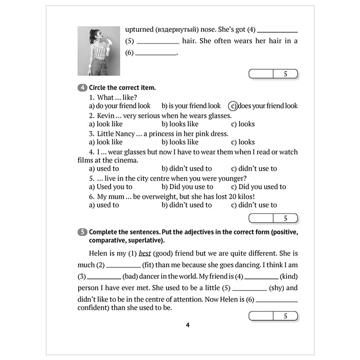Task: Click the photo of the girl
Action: tap(98, 51)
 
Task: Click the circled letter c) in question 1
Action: tap(233, 106)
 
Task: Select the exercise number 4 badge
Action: tap(82, 88)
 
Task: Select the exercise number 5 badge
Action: tap(82, 232)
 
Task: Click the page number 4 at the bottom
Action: tap(188, 325)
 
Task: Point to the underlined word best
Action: tap(145, 254)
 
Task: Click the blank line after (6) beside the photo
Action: tap(155, 54)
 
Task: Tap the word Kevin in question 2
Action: tap(106, 115)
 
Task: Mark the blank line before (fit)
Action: tap(123, 266)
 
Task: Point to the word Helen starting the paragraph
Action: tap(93, 254)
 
